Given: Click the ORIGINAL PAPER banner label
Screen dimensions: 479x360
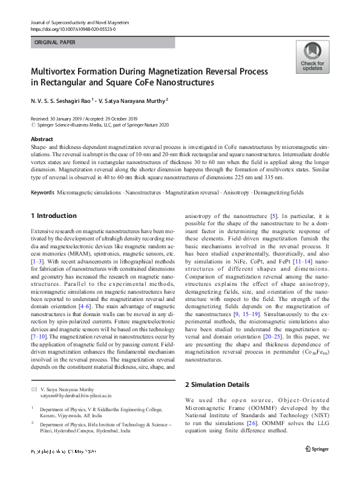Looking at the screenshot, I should point(55,43).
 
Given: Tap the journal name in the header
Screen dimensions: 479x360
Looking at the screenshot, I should point(80,22).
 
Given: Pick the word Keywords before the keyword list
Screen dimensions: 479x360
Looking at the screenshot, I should point(42,192).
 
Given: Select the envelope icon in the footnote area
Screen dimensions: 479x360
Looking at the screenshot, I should point(34,388).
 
